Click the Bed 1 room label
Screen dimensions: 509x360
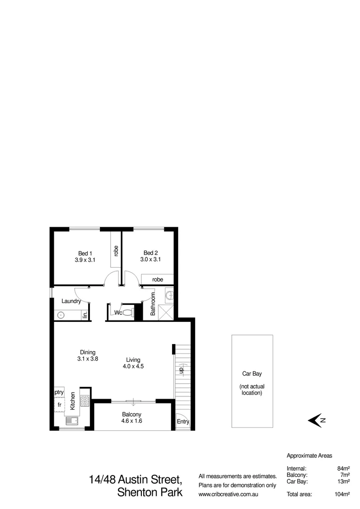click(x=85, y=253)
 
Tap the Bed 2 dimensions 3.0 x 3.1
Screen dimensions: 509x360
click(x=150, y=259)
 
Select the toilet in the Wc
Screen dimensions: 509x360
click(x=127, y=312)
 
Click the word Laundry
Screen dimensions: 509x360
click(x=72, y=301)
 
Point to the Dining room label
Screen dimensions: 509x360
click(x=88, y=352)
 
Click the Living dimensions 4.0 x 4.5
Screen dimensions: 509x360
click(x=133, y=366)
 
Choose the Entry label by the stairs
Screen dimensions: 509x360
click(x=182, y=422)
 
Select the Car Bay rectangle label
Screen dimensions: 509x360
click(x=252, y=374)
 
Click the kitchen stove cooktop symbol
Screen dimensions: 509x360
click(x=85, y=401)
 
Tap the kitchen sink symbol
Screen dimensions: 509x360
click(x=72, y=421)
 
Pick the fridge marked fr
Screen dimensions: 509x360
click(x=59, y=405)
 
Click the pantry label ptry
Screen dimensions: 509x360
click(x=59, y=392)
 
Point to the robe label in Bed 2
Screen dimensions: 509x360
click(x=157, y=279)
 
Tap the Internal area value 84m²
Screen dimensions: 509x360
click(x=343, y=468)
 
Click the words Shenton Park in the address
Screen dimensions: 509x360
click(x=149, y=493)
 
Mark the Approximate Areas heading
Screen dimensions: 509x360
click(x=310, y=456)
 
